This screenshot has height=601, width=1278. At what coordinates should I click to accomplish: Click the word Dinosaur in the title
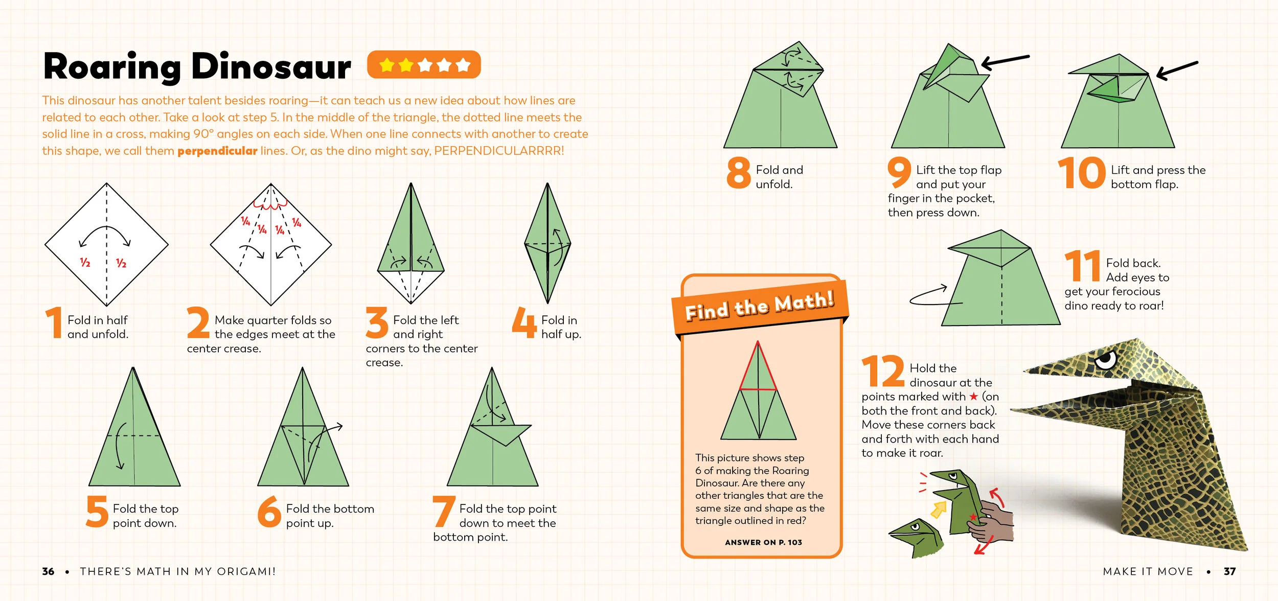click(x=271, y=67)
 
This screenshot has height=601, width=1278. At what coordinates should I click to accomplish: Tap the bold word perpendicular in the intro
click(x=217, y=151)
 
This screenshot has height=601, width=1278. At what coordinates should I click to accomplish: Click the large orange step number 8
click(x=738, y=173)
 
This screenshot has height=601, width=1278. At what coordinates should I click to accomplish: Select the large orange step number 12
click(x=883, y=371)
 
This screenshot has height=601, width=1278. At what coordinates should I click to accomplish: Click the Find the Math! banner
click(x=760, y=306)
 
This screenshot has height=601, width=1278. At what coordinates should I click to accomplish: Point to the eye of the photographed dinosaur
click(x=1106, y=360)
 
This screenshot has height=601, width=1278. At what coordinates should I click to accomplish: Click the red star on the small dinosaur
click(x=973, y=517)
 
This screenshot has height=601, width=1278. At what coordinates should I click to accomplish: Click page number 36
click(x=48, y=571)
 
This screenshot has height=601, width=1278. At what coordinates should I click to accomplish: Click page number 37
click(x=1229, y=571)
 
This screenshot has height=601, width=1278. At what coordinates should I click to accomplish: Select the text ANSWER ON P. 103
click(x=763, y=542)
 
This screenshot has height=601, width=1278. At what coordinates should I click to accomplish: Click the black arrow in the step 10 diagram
click(x=1176, y=70)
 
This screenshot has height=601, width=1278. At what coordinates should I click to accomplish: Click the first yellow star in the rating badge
click(x=387, y=65)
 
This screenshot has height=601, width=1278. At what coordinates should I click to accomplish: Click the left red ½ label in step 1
click(x=85, y=263)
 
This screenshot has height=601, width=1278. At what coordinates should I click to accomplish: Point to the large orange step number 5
click(x=97, y=511)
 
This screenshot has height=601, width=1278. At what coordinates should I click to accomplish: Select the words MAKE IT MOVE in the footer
click(x=1148, y=571)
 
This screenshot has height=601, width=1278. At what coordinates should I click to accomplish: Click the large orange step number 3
click(x=377, y=322)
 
